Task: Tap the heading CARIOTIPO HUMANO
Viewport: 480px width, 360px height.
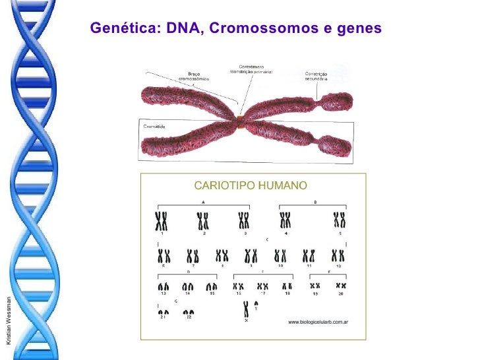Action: coord(250,185)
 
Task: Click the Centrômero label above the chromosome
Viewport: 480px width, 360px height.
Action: coord(251,69)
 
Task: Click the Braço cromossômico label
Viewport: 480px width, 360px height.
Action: coord(194,76)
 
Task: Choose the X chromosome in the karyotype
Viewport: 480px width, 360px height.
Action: coord(246,309)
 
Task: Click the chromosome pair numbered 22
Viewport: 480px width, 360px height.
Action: coord(189,313)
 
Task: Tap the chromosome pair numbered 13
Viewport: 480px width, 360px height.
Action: coord(163,287)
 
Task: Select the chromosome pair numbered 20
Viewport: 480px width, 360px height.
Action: coord(342,285)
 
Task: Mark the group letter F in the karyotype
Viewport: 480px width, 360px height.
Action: coord(329,271)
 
